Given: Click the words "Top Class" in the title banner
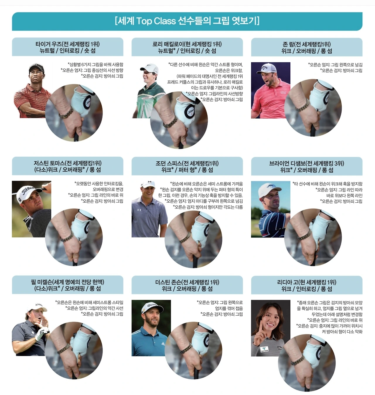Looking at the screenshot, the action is coord(156,21).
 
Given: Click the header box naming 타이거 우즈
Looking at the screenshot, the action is coord(68,47).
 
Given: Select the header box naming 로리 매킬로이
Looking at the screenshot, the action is coord(187,47).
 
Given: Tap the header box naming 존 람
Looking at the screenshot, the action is coord(307,47).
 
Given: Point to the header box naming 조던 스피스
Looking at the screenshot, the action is coord(187,166).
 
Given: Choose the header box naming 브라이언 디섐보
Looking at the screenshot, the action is coord(307,166).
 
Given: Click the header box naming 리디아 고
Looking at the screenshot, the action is coord(307,285).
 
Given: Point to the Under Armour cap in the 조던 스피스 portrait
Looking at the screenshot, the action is coord(149,184).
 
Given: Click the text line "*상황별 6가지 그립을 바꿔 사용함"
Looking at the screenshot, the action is coord(96,64).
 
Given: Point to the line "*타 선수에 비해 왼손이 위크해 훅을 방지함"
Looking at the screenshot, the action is coord(327,184).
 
